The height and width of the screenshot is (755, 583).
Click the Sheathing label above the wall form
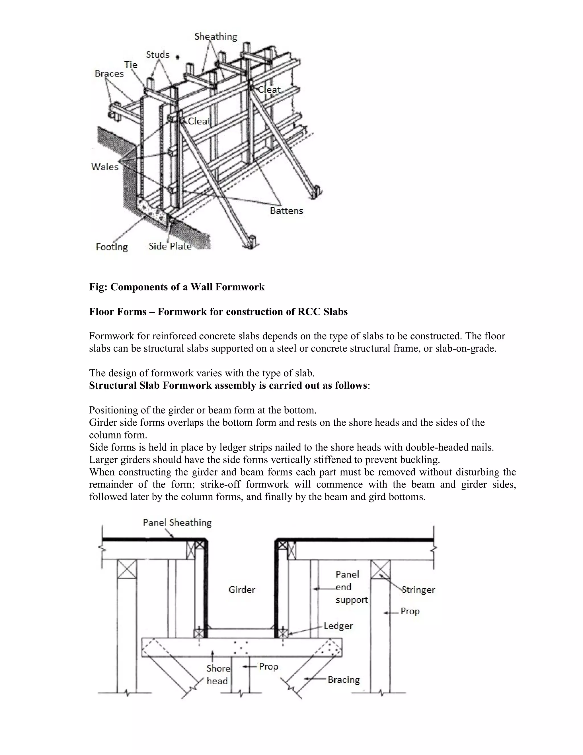pos(216,37)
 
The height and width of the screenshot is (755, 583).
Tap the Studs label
pos(157,55)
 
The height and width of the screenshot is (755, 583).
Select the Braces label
pos(109,74)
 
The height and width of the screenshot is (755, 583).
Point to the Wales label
pos(105,167)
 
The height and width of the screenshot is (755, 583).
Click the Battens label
pos(286,211)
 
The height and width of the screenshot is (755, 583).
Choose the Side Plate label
pos(170,246)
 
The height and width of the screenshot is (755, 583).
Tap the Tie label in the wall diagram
pos(131,65)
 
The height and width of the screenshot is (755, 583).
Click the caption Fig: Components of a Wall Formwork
pos(177,287)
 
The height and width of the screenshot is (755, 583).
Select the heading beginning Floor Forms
pos(218,312)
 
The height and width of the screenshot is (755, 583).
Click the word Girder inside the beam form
pos(242,590)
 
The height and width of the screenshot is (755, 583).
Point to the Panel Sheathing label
pos(177,522)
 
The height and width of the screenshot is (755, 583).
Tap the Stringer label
pos(418,590)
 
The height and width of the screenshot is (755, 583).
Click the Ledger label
pos(338,626)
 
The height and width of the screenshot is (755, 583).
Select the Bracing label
pos(344,680)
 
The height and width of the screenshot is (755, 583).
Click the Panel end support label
pos(351,587)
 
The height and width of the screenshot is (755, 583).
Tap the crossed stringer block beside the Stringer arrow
pos(380,569)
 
